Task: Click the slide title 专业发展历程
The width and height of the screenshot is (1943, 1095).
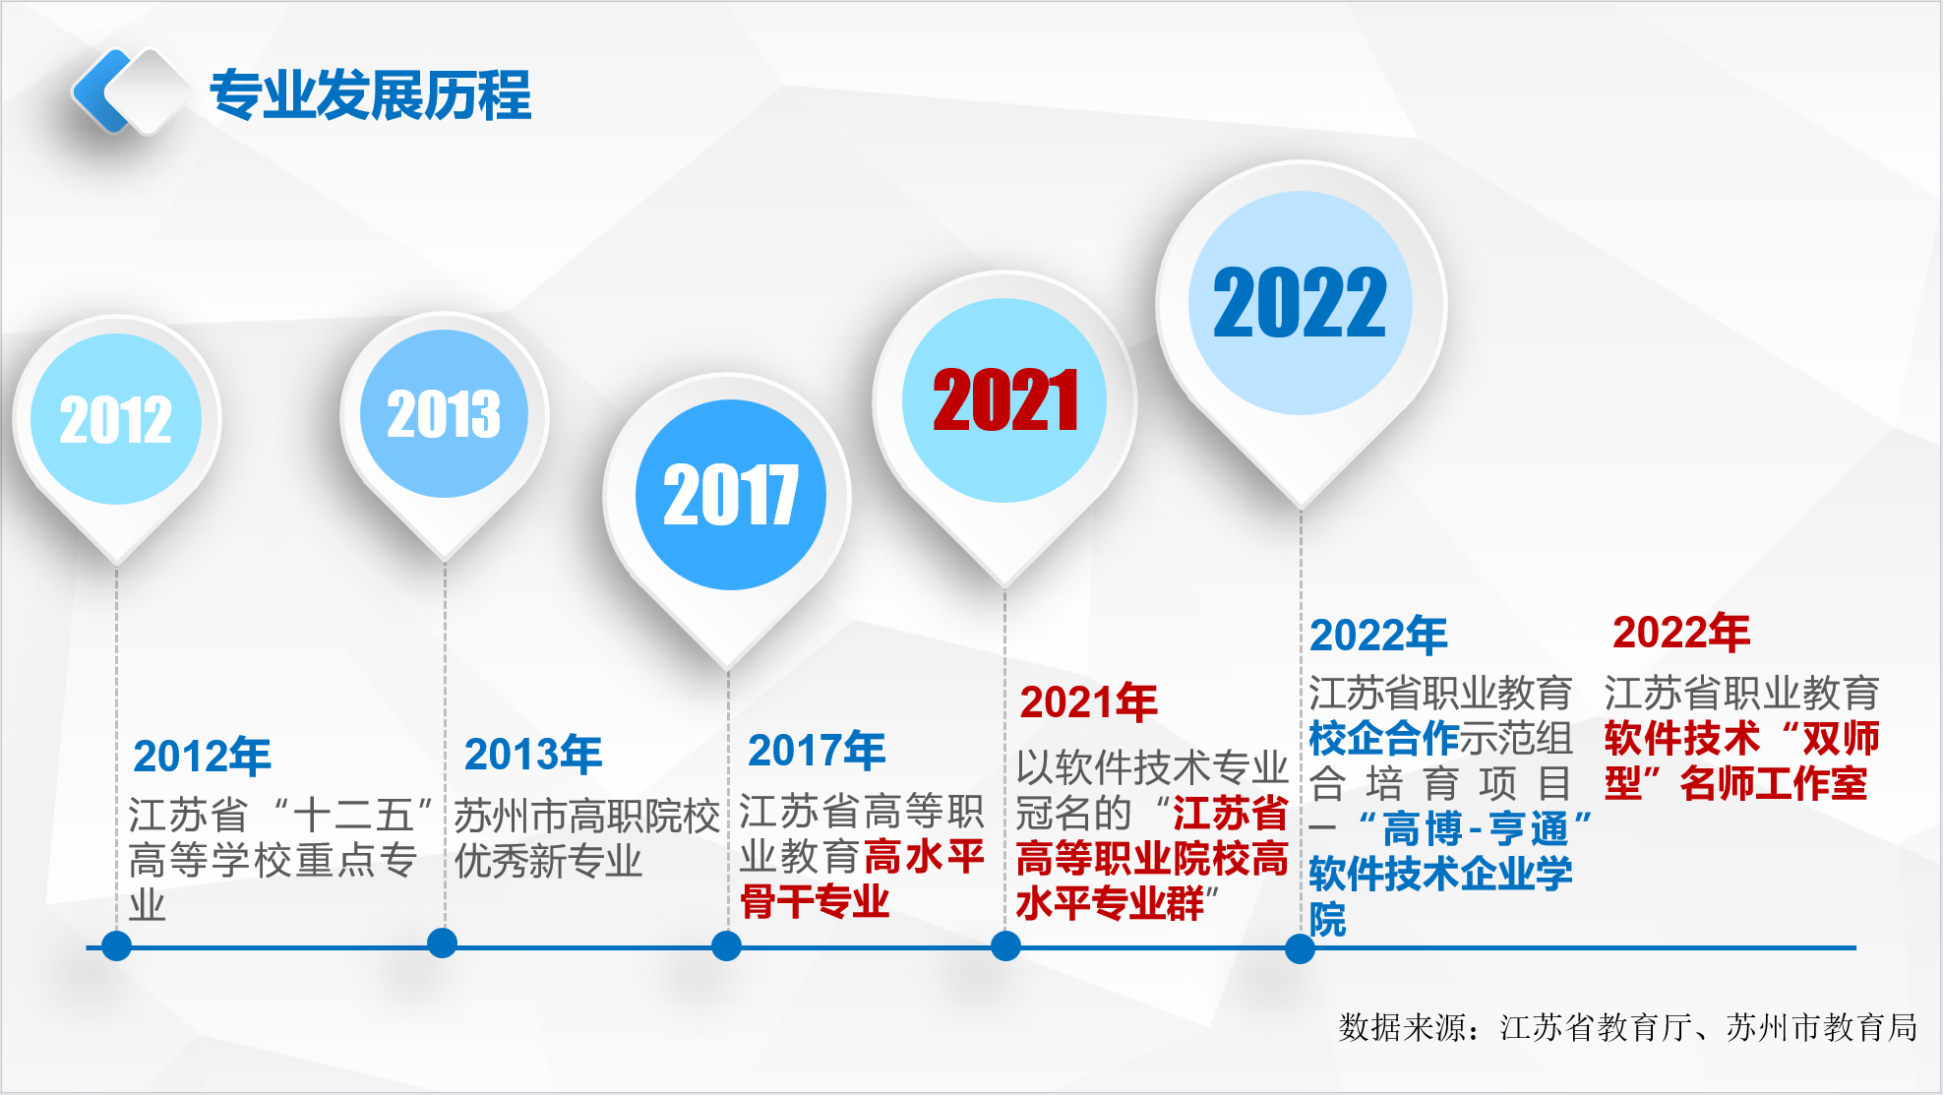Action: (x=370, y=95)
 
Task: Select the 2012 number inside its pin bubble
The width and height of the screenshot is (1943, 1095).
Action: (x=116, y=420)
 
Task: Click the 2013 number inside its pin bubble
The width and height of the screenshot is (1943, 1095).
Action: (x=444, y=414)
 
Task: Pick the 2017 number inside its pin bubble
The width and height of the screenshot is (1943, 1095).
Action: (x=730, y=495)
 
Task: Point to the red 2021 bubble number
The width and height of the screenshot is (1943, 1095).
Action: (x=1005, y=400)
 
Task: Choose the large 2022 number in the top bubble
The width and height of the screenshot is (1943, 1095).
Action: (x=1300, y=303)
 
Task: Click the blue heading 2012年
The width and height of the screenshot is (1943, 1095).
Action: (x=202, y=757)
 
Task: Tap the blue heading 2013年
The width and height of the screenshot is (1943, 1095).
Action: (x=533, y=755)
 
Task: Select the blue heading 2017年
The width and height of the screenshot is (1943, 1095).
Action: (x=817, y=751)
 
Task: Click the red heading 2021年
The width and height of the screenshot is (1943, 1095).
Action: (x=1088, y=702)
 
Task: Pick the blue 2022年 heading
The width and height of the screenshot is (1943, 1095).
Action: (x=1378, y=636)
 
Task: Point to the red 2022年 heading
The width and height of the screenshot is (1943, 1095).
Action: (x=1681, y=633)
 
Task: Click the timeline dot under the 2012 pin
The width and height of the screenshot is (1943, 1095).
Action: (x=116, y=946)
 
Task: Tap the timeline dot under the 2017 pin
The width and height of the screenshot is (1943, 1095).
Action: (x=726, y=946)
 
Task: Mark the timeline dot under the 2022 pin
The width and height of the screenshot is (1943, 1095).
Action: (x=1300, y=948)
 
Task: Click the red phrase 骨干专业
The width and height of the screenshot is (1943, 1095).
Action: (x=815, y=901)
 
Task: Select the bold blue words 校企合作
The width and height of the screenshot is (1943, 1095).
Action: (x=1384, y=738)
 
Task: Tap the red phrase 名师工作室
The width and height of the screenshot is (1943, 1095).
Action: (x=1774, y=784)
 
